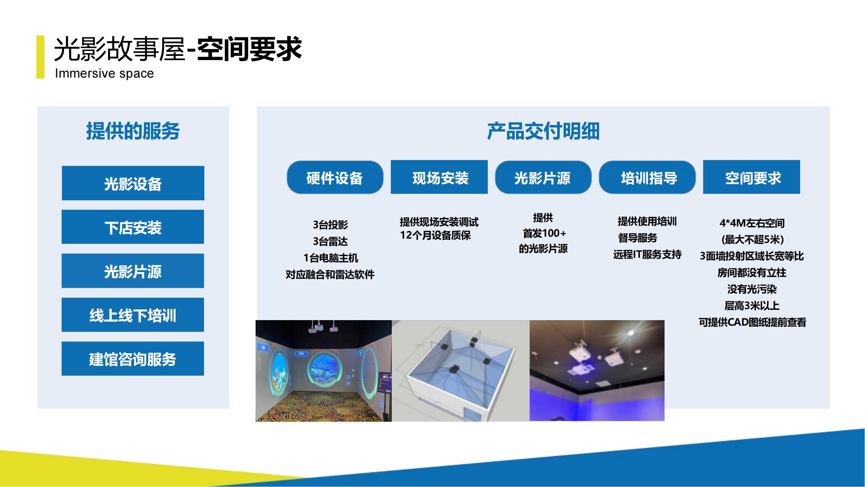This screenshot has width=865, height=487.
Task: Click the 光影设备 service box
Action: pos(133,183)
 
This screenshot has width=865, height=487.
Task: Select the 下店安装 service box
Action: pos(133,227)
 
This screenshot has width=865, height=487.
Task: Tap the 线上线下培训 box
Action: pos(133,315)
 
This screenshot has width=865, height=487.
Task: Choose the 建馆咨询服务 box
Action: pos(133,359)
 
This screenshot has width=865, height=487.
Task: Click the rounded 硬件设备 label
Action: pos(335,177)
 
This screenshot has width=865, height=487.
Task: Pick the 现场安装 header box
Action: pos(439,177)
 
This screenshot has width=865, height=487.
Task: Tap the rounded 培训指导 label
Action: pos(647,177)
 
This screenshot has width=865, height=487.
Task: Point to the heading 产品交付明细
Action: pos(543,131)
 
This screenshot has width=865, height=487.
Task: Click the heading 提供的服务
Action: pos(133,131)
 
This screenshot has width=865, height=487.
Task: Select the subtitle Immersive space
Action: pos(104,73)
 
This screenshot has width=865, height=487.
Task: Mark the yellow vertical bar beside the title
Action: pos(40,57)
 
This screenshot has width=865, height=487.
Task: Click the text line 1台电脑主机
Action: pos(330,258)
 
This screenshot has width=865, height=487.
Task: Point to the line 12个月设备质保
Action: pos(435,235)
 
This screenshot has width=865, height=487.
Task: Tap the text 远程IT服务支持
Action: pos(647,255)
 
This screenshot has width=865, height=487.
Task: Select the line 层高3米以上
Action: pos(751,306)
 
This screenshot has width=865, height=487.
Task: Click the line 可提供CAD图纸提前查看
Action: pos(752,322)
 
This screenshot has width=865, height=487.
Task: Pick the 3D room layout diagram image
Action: pos(461,371)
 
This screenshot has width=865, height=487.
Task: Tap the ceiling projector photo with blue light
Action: pos(597,370)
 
